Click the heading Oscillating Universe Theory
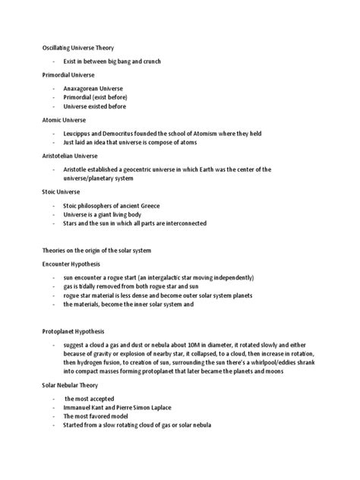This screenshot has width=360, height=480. coord(77,47)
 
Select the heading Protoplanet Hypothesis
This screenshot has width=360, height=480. coord(72,332)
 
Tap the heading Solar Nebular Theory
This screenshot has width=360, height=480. coord(71,386)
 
